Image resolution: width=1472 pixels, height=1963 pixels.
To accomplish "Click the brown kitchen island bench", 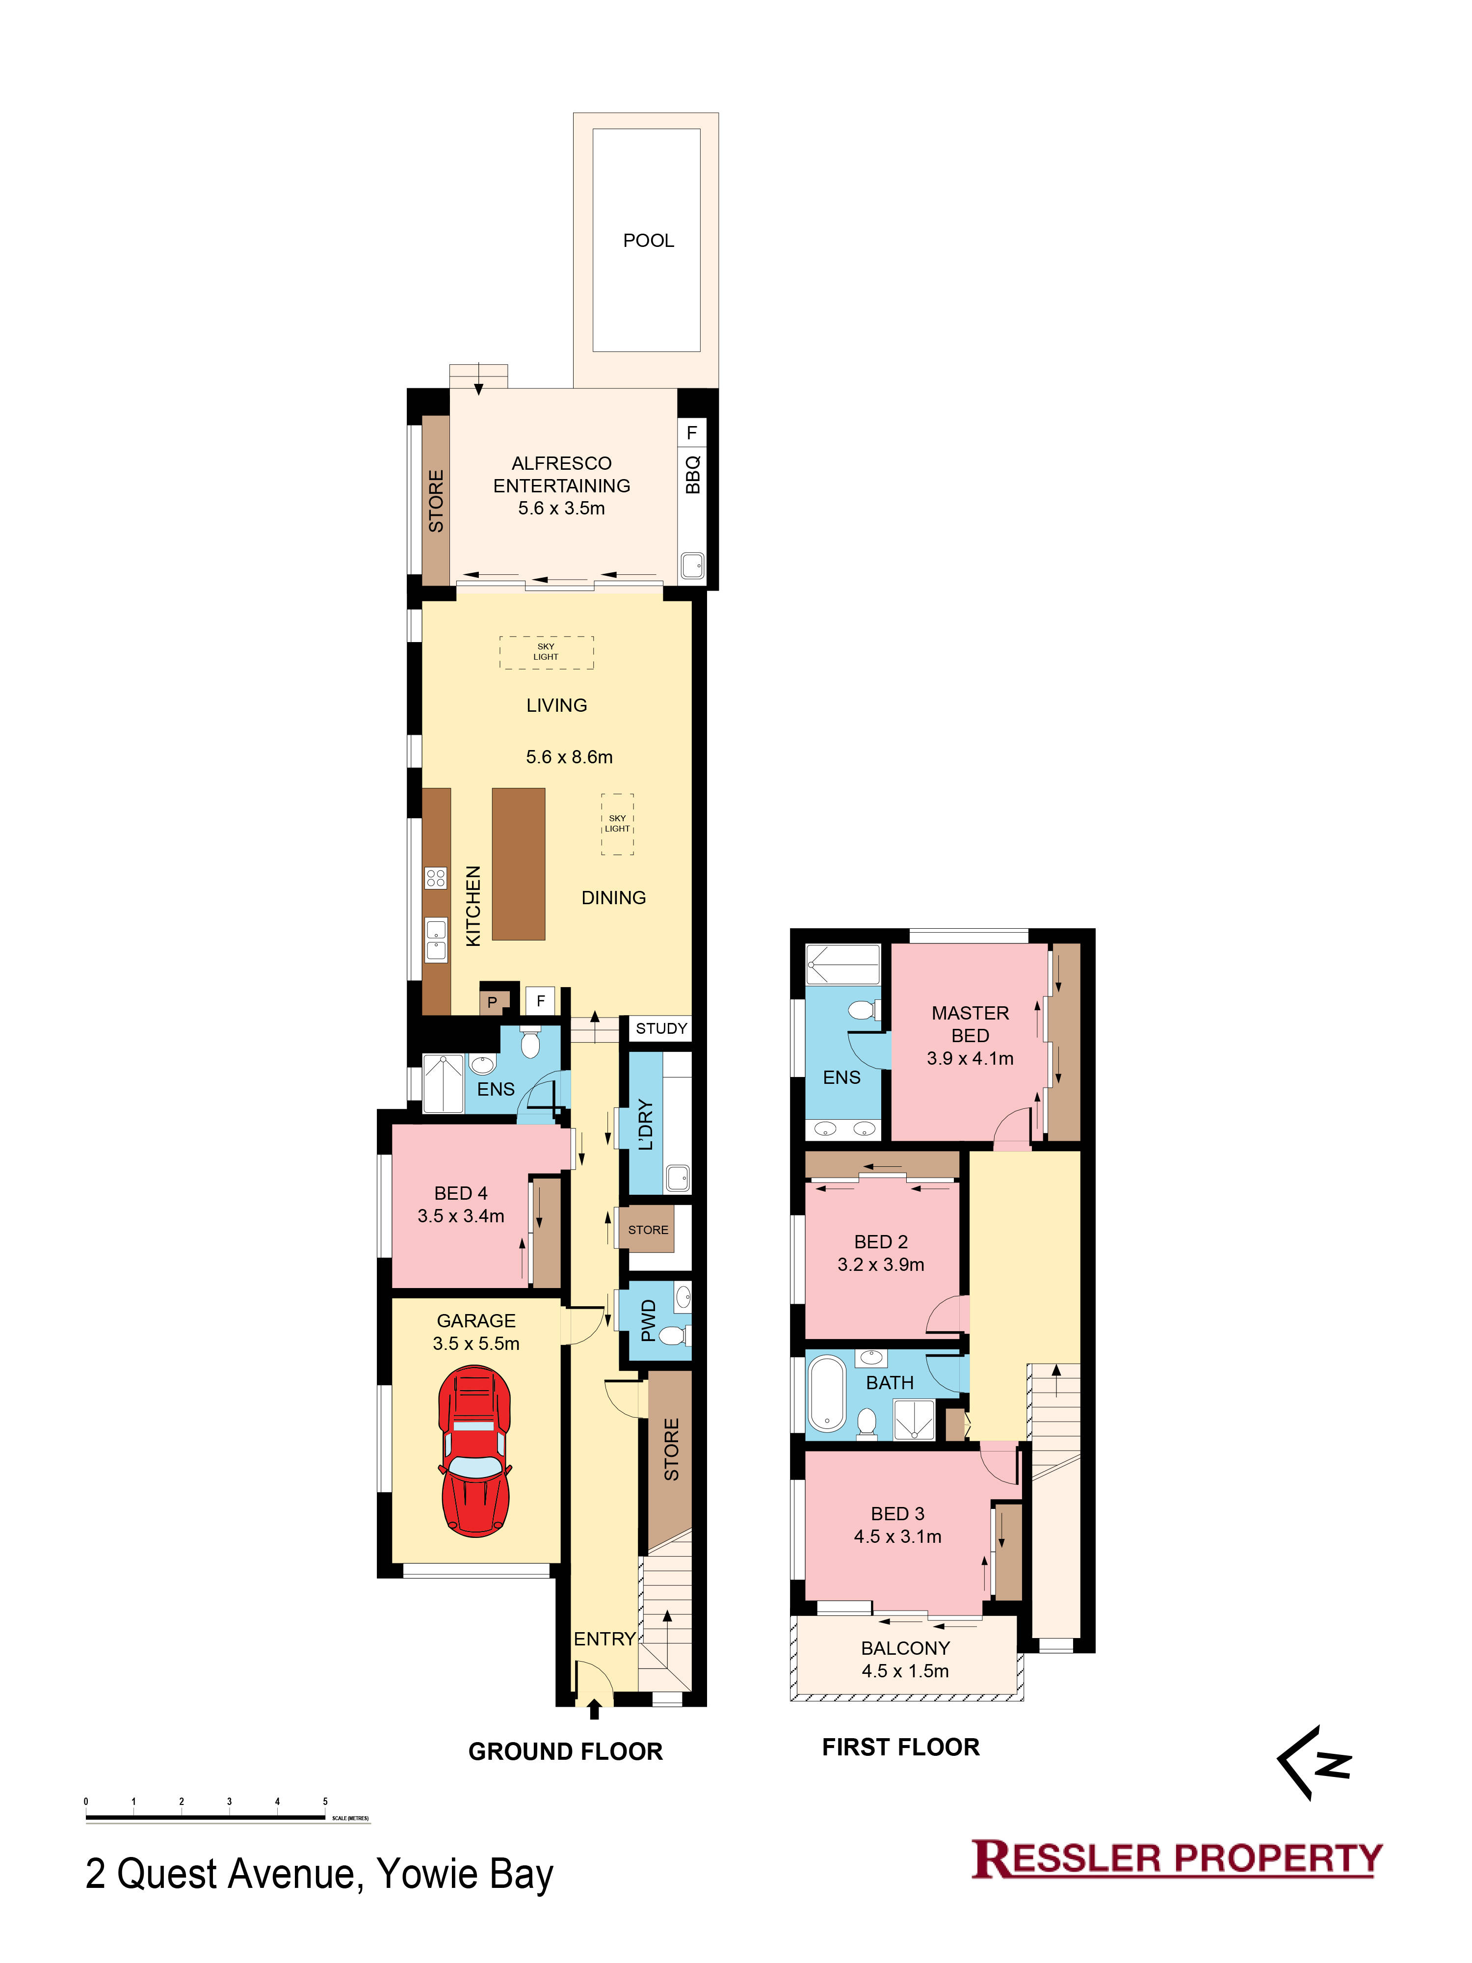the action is (518, 863).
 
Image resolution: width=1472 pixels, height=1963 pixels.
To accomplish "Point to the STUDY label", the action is (661, 1028).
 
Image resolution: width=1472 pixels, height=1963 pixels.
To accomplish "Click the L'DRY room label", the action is (646, 1125).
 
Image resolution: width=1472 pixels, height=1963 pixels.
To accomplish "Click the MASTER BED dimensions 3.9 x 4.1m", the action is (970, 1058).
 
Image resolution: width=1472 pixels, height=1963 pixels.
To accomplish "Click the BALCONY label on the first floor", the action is (905, 1648).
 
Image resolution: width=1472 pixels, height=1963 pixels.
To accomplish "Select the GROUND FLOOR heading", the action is (565, 1751).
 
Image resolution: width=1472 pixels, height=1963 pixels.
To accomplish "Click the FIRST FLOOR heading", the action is (900, 1747).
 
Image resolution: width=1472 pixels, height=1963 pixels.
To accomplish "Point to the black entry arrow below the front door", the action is (594, 1708).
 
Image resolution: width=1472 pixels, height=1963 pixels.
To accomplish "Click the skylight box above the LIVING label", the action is (547, 652).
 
